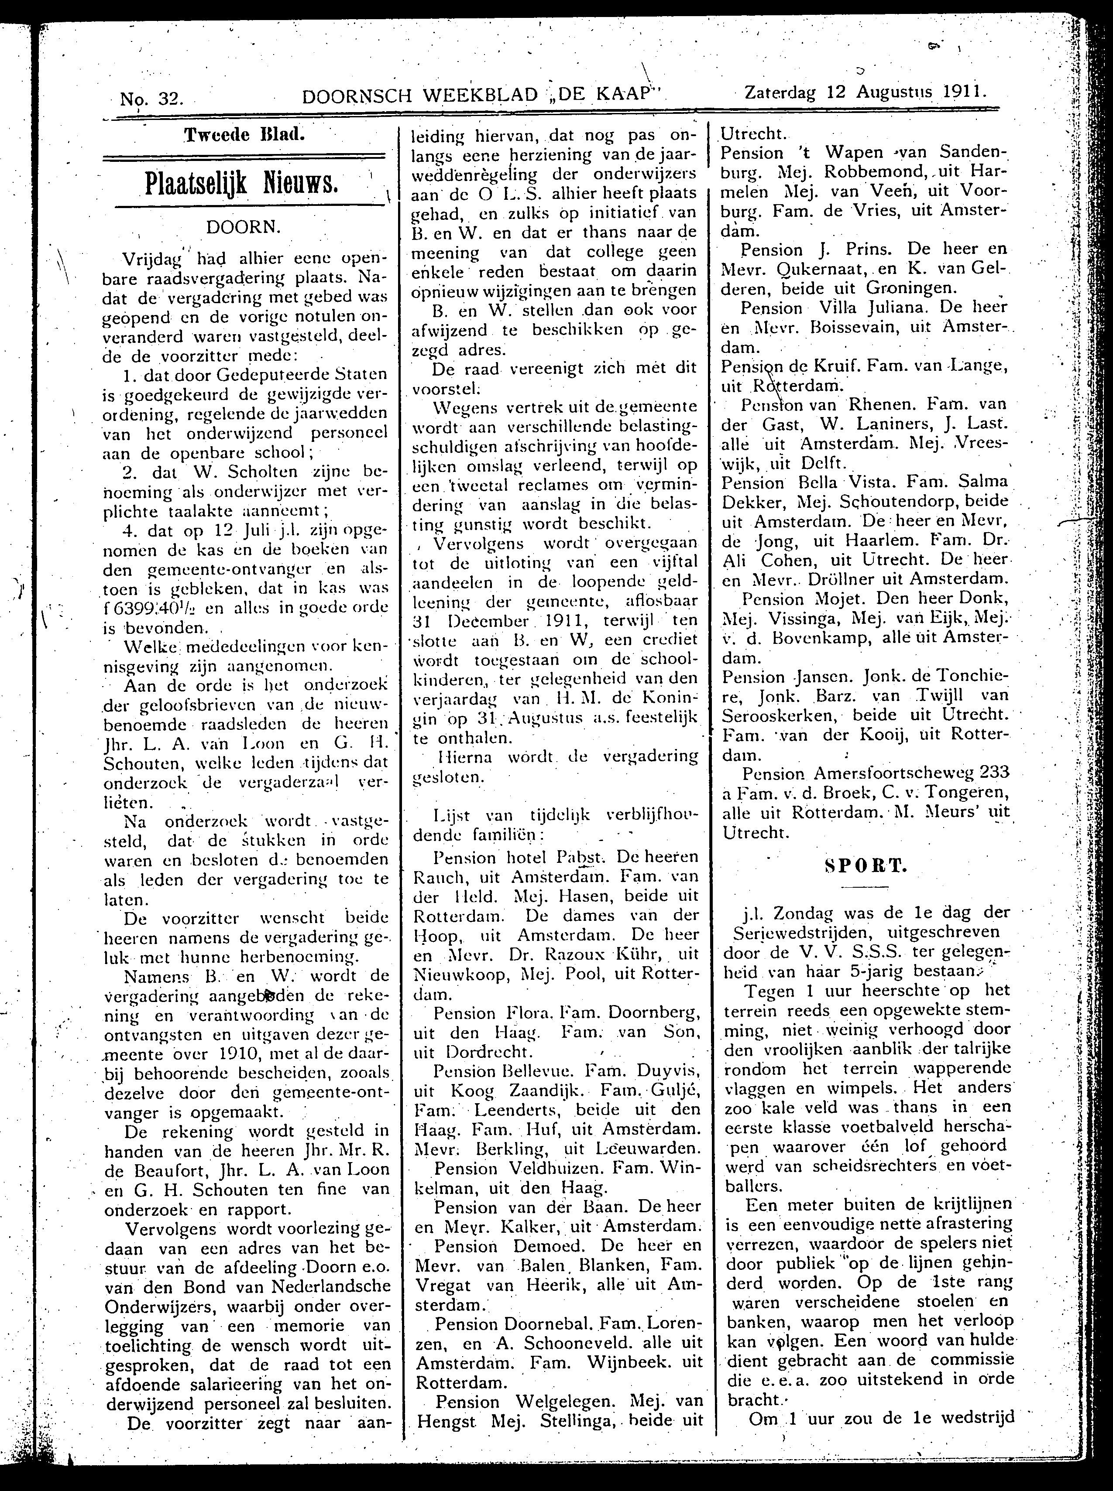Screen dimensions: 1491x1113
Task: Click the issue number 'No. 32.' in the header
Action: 151,99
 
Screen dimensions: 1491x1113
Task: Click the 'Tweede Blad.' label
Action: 244,133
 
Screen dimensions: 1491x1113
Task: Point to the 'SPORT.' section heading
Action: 865,866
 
